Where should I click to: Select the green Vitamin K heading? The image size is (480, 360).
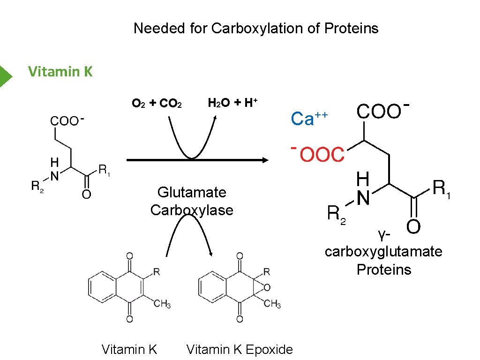click(60, 72)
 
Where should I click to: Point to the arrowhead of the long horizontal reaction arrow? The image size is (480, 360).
click(265, 160)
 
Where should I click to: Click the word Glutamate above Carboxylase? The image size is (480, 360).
click(192, 192)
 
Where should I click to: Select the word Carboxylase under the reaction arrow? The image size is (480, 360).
click(192, 210)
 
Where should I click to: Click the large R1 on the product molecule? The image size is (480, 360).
click(441, 188)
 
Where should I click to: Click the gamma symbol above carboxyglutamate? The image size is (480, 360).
click(382, 233)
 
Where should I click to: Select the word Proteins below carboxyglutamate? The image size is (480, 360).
click(383, 270)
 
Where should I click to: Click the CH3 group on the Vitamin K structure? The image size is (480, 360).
click(162, 304)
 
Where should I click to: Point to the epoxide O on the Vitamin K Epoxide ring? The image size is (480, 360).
click(267, 287)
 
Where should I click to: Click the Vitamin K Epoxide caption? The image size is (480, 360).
click(240, 349)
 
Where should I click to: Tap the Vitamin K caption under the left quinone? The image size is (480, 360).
click(129, 349)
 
